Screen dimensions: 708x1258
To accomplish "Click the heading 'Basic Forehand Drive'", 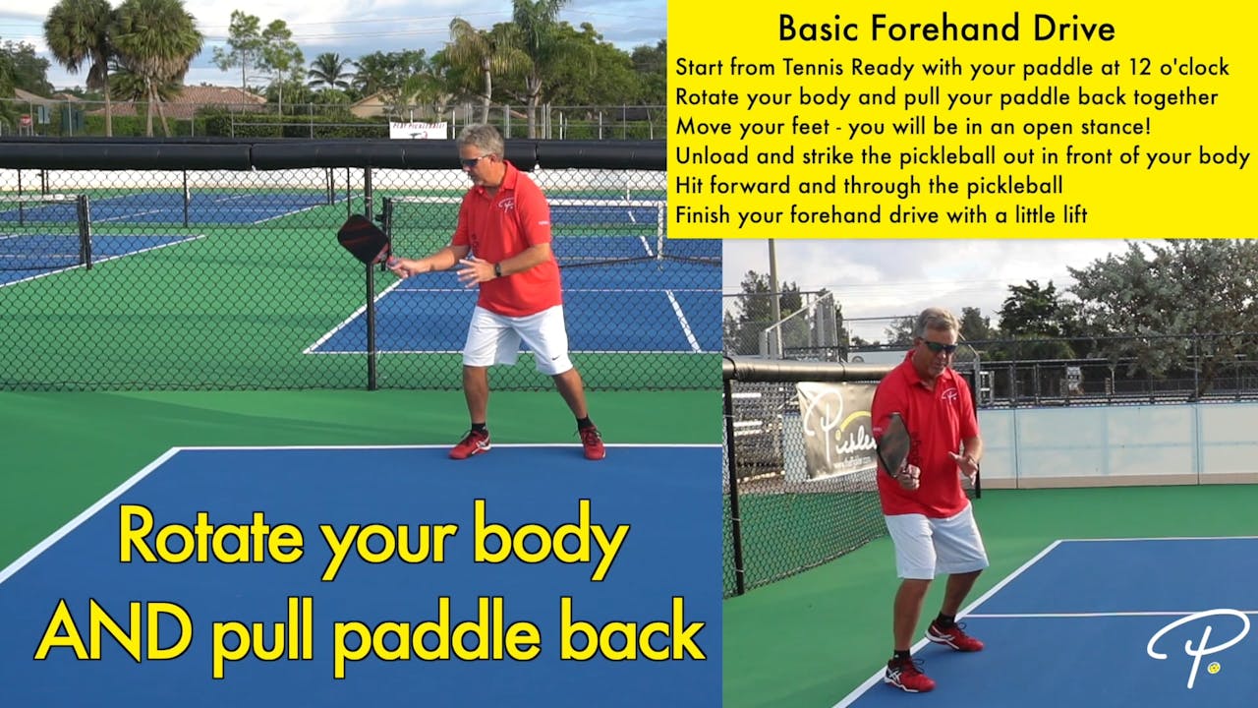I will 946,29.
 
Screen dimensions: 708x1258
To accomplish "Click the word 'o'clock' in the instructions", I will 1191,68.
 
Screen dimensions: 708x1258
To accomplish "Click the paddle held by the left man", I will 362,238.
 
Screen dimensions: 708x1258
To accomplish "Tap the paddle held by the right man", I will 893,443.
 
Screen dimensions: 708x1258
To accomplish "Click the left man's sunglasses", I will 473,161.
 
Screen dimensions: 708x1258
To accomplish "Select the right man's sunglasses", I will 939,346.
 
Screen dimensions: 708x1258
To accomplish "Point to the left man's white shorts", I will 517,336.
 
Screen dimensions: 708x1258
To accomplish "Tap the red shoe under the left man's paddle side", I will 470,444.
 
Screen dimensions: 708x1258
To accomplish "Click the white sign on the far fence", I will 418,130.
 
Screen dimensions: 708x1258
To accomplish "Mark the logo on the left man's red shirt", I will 507,205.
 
